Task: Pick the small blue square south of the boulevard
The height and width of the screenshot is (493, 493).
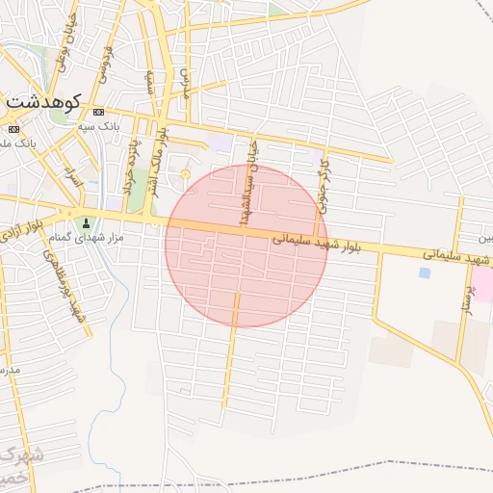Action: click(424, 272)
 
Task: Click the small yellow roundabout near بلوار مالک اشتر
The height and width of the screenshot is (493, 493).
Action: click(185, 174)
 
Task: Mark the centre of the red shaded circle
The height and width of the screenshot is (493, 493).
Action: click(246, 246)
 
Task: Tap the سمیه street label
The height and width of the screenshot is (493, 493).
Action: click(150, 84)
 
